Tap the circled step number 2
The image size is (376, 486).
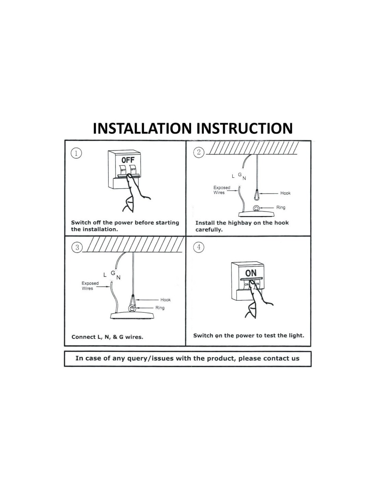click(x=198, y=152)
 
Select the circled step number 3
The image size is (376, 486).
click(x=77, y=247)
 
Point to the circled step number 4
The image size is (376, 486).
click(x=198, y=247)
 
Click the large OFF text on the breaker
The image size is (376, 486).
click(x=128, y=160)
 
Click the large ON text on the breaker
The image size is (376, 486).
click(x=251, y=273)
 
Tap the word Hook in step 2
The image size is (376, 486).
click(x=285, y=193)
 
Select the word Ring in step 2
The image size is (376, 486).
click(x=281, y=207)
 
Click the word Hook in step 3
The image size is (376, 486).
click(x=165, y=300)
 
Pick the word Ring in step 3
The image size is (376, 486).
click(x=160, y=308)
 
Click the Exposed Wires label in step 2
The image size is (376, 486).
click(x=221, y=190)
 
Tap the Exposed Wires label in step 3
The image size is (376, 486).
click(x=90, y=286)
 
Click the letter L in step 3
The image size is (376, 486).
click(x=105, y=275)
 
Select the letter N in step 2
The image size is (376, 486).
click(x=244, y=178)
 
